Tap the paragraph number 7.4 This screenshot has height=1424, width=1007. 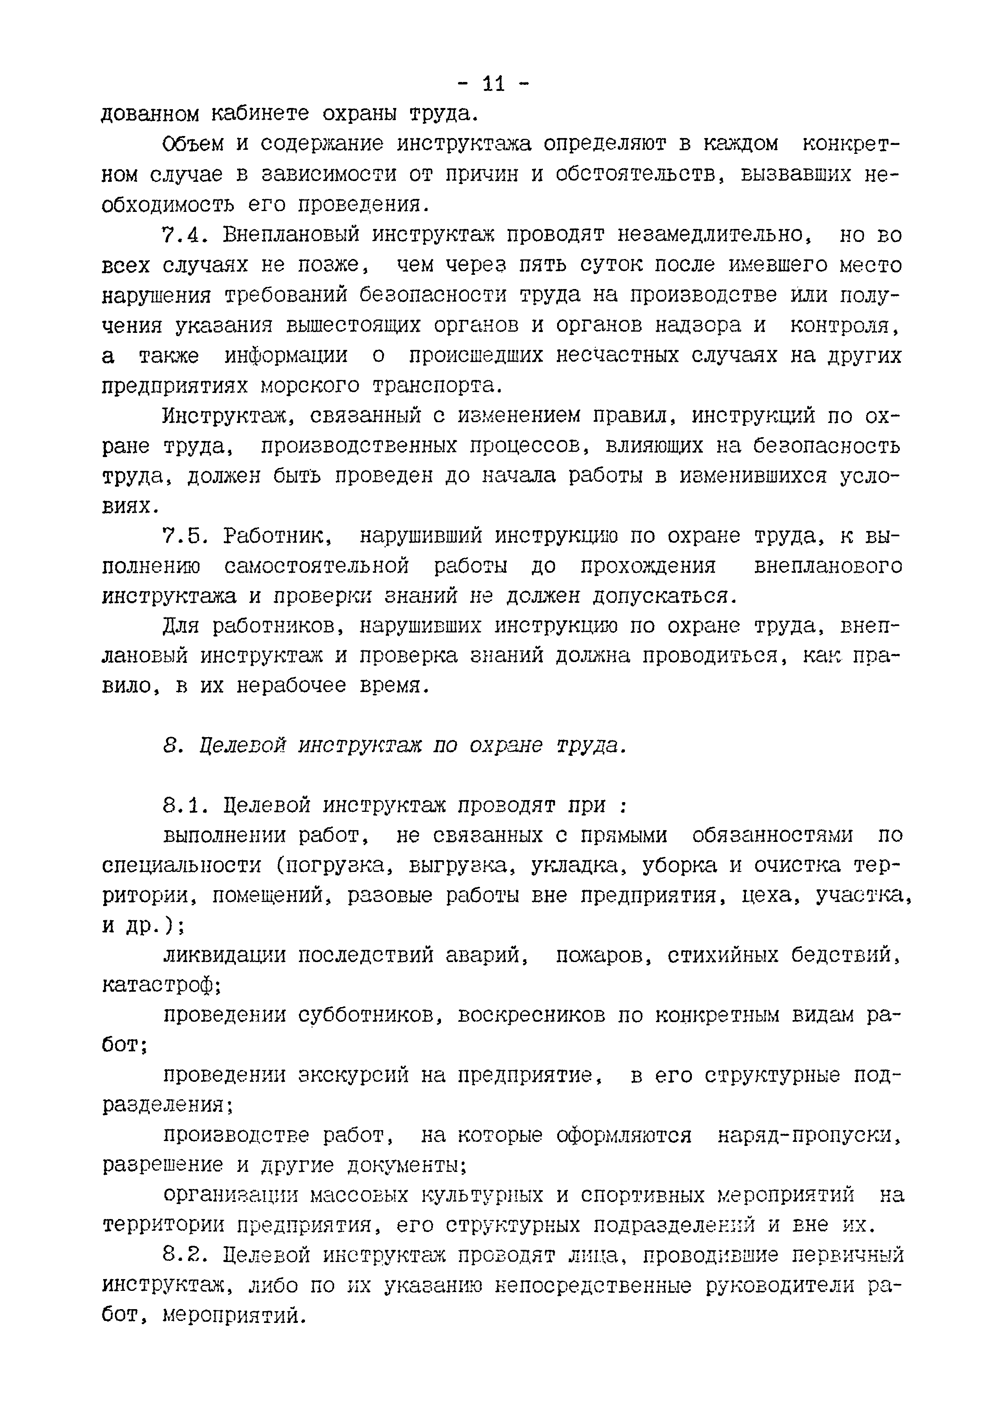tap(183, 236)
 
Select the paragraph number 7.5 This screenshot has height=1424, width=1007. tap(183, 536)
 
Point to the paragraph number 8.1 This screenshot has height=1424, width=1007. tap(183, 806)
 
